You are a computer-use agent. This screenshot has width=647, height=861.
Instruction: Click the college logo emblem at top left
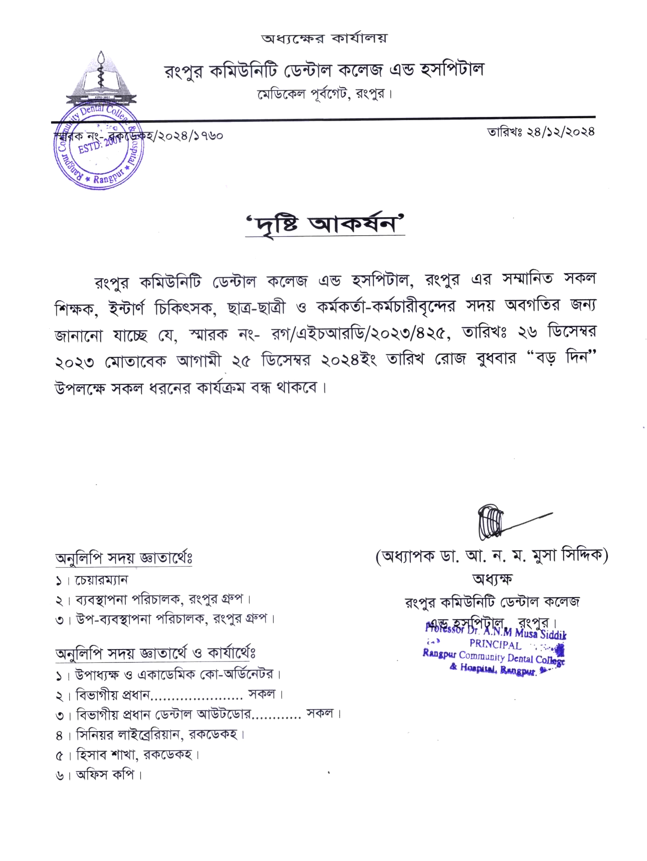tap(102, 82)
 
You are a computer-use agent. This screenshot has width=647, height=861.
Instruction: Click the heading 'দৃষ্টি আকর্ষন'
tap(325, 225)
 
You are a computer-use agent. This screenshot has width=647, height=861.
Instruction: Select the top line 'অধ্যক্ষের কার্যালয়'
tap(324, 38)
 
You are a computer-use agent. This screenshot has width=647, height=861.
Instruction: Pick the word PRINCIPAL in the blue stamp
tap(495, 644)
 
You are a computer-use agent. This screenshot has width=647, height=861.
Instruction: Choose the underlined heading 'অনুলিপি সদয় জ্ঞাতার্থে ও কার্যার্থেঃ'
tap(155, 654)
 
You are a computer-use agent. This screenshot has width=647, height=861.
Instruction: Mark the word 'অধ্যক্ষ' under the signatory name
tap(492, 579)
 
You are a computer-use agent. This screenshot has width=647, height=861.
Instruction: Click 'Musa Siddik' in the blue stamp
tap(540, 633)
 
